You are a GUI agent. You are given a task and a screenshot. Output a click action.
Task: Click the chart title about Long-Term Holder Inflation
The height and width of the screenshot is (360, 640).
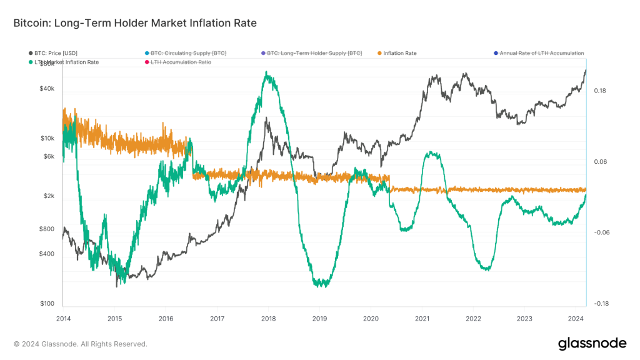pos(135,22)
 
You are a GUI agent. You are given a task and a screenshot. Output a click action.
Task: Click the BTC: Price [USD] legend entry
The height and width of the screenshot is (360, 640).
pos(56,53)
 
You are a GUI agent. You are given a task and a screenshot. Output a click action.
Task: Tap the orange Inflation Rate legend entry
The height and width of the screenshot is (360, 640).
pos(400,53)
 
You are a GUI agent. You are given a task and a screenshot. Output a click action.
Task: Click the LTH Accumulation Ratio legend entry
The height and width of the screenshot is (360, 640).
pos(181,62)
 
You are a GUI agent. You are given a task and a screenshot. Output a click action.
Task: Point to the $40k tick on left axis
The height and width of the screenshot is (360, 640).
pos(47,89)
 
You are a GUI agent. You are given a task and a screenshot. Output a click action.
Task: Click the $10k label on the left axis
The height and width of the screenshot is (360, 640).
pos(47,138)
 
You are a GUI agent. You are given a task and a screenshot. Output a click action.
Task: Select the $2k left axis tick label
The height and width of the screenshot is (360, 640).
pos(49,196)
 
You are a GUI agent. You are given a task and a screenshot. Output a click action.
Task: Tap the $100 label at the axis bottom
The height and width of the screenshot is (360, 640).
pos(47,304)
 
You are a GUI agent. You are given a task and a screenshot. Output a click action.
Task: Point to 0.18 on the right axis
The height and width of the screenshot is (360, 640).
pos(600,91)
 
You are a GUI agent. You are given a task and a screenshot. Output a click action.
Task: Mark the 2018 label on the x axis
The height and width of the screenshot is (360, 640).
pos(268,319)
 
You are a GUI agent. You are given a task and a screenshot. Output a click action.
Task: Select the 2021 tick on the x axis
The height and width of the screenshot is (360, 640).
pos(422,319)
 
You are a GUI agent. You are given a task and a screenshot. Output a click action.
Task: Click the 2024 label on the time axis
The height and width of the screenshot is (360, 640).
pos(576,319)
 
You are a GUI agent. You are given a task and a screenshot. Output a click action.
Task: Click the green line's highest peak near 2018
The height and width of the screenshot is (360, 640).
pos(267,72)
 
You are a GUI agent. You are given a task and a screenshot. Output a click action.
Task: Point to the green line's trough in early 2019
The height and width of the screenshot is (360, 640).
pos(321,284)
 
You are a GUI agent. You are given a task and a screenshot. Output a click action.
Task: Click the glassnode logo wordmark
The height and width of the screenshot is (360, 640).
pos(592,343)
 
